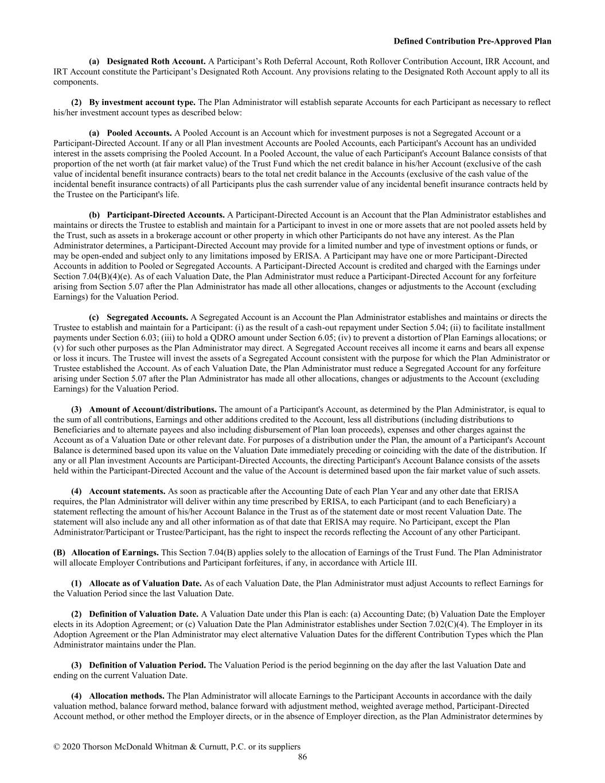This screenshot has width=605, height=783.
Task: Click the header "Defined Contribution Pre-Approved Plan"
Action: click(473, 41)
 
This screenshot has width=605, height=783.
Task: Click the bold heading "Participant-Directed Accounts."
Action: click(166, 215)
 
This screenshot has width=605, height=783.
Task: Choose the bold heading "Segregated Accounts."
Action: click(147, 317)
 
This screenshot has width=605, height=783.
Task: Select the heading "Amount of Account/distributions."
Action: click(153, 410)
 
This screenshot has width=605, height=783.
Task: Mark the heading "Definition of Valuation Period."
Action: click(147, 665)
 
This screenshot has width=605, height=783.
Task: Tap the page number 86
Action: click(302, 757)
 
